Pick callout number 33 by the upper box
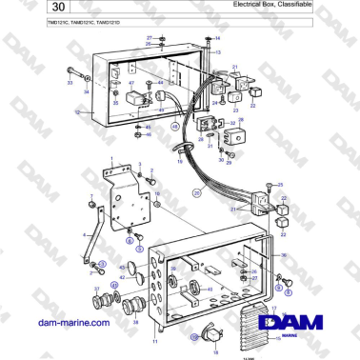(x=69, y=84)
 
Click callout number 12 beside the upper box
(x=76, y=112)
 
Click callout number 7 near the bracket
(x=90, y=196)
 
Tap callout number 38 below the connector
(x=134, y=322)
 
